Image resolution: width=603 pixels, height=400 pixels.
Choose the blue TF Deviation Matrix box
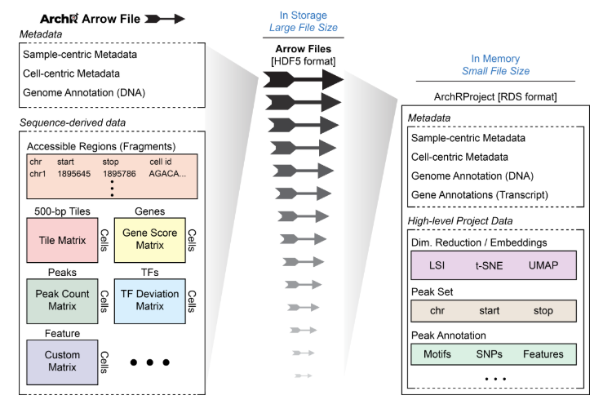click(x=149, y=300)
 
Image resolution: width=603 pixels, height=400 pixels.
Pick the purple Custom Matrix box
click(x=58, y=362)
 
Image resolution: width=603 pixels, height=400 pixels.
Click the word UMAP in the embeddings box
click(x=545, y=266)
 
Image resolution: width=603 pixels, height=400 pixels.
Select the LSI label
click(x=437, y=266)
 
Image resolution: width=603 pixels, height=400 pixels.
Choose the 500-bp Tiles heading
click(x=63, y=211)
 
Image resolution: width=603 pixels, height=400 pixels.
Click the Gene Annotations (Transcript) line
click(x=481, y=194)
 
